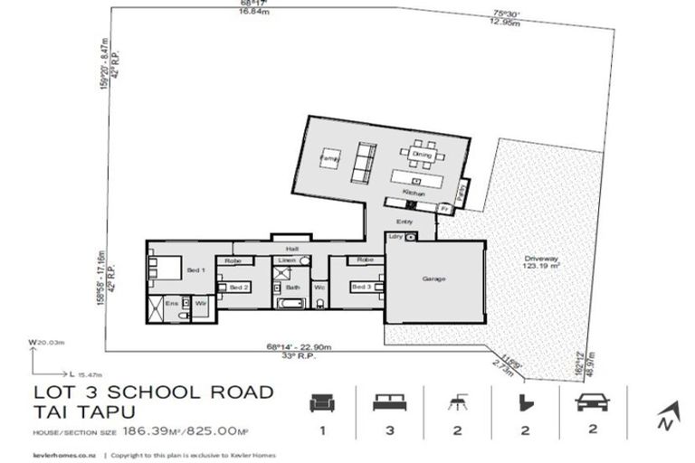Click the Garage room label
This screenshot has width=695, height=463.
pyautogui.click(x=434, y=279)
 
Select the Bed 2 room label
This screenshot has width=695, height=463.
pyautogui.click(x=239, y=288)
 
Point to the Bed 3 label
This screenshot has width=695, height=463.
pyautogui.click(x=360, y=288)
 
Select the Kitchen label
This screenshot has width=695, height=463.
pyautogui.click(x=414, y=194)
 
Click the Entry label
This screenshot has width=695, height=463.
pyautogui.click(x=404, y=222)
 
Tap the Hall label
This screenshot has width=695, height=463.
pyautogui.click(x=291, y=247)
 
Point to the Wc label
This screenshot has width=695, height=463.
pyautogui.click(x=319, y=288)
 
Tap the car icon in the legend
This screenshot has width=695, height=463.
pyautogui.click(x=593, y=402)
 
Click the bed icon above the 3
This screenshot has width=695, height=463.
pyautogui.click(x=389, y=402)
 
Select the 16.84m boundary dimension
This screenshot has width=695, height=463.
pyautogui.click(x=239, y=12)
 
